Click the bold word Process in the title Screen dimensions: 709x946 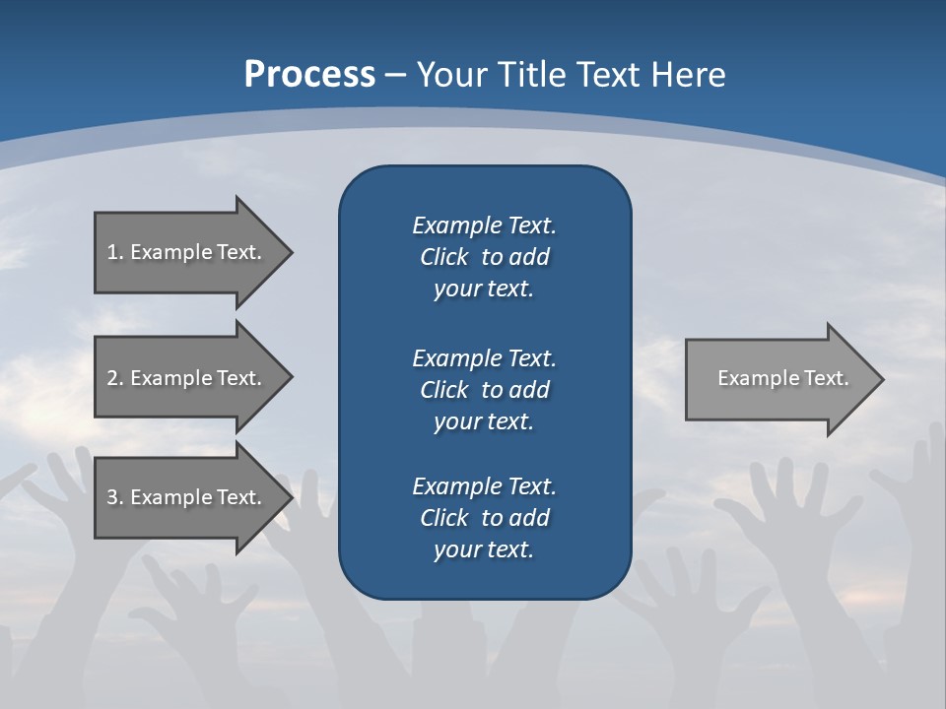click(x=309, y=75)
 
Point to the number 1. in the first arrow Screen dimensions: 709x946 click(x=114, y=252)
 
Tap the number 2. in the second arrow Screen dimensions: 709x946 click(x=114, y=378)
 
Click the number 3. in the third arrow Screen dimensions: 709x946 click(x=114, y=497)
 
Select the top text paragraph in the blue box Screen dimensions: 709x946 click(x=484, y=257)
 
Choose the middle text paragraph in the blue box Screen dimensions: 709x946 click(x=484, y=389)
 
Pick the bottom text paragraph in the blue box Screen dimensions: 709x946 click(x=484, y=518)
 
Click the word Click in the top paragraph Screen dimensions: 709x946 click(x=443, y=257)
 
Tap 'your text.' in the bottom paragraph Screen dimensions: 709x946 click(x=484, y=549)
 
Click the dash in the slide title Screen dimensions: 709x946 click(x=396, y=75)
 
